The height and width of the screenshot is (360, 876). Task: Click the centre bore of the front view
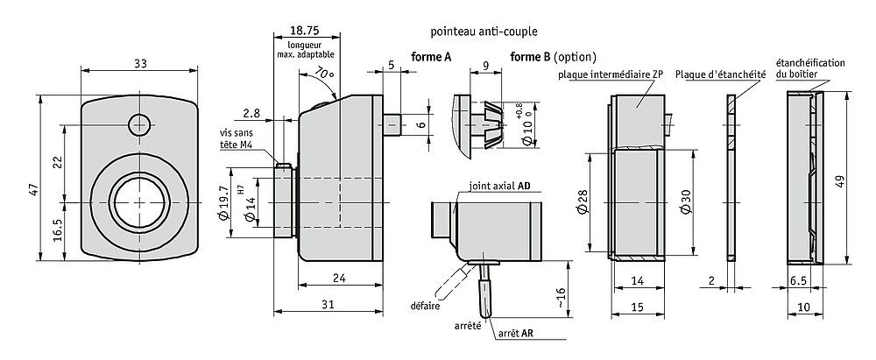click(x=137, y=201)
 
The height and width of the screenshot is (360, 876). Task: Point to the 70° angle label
click(x=325, y=73)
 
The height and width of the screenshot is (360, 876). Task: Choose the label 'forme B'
click(x=529, y=57)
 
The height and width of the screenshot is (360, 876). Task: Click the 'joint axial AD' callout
click(x=500, y=187)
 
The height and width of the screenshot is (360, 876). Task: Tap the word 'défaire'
click(x=424, y=306)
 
